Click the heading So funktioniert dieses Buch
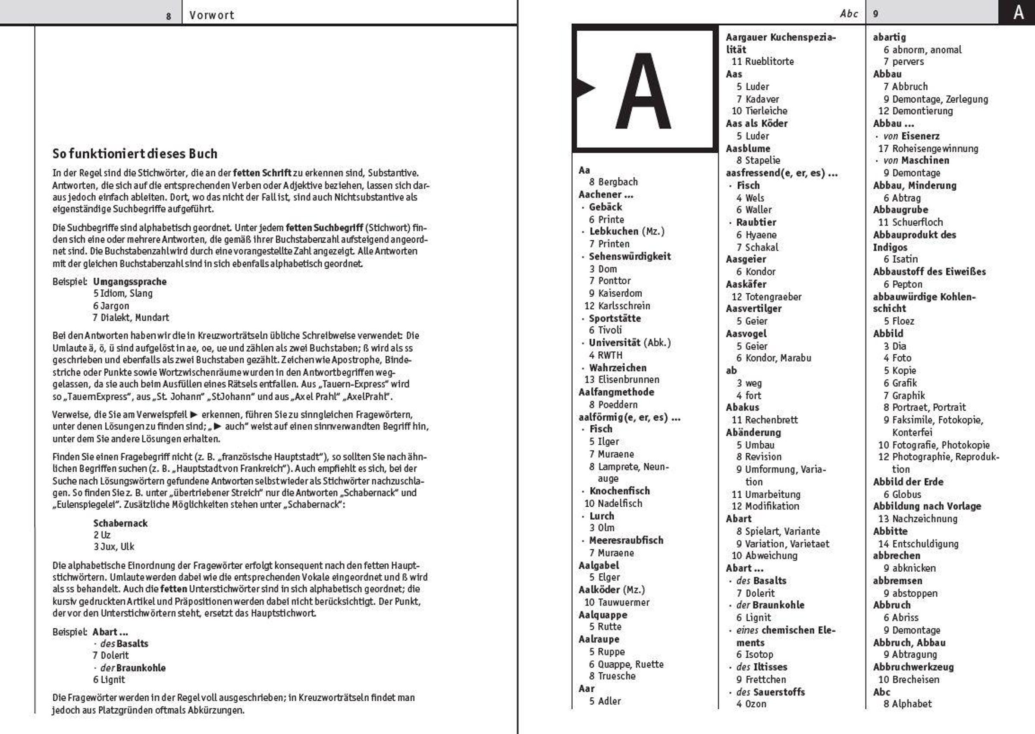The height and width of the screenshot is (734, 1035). pos(135,154)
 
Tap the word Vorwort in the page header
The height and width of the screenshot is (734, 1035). pos(211,15)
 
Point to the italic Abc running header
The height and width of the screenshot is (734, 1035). pos(849,14)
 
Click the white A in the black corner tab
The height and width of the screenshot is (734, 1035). pos(1018,12)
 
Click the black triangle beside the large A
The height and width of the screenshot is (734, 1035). pos(585,88)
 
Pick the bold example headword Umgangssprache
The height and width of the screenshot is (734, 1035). pos(130,282)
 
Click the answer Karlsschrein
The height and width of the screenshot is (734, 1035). pos(624,305)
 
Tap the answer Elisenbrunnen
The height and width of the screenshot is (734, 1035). pos(628,379)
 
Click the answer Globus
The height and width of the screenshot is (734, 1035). pos(906,495)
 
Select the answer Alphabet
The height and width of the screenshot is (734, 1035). pos(912,704)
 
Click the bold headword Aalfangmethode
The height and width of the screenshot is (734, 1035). pos(616,392)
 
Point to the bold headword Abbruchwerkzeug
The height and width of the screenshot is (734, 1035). pos(913,667)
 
